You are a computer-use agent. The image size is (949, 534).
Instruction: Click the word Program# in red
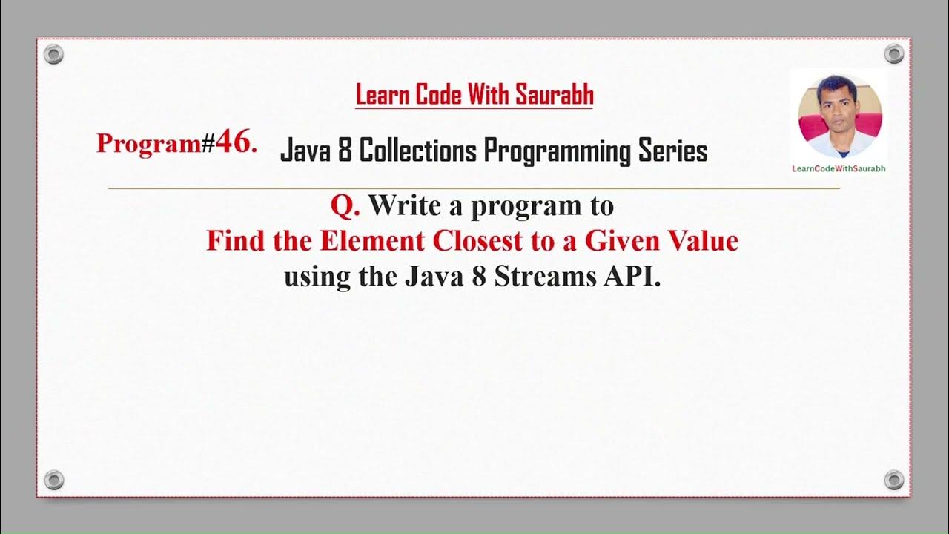[x=155, y=143]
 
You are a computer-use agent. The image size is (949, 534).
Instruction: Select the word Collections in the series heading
[x=420, y=151]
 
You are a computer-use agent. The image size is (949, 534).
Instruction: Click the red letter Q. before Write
[x=345, y=205]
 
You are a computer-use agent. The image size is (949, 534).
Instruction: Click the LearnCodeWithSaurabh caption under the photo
[x=839, y=168]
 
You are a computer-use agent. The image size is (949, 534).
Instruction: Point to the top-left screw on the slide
[x=54, y=54]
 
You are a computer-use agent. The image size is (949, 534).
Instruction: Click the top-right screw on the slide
[x=894, y=53]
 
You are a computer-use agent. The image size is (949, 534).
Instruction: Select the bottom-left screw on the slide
[x=54, y=479]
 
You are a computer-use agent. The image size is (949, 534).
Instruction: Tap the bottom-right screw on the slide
[x=894, y=479]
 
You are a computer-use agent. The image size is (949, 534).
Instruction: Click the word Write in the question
[x=415, y=205]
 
